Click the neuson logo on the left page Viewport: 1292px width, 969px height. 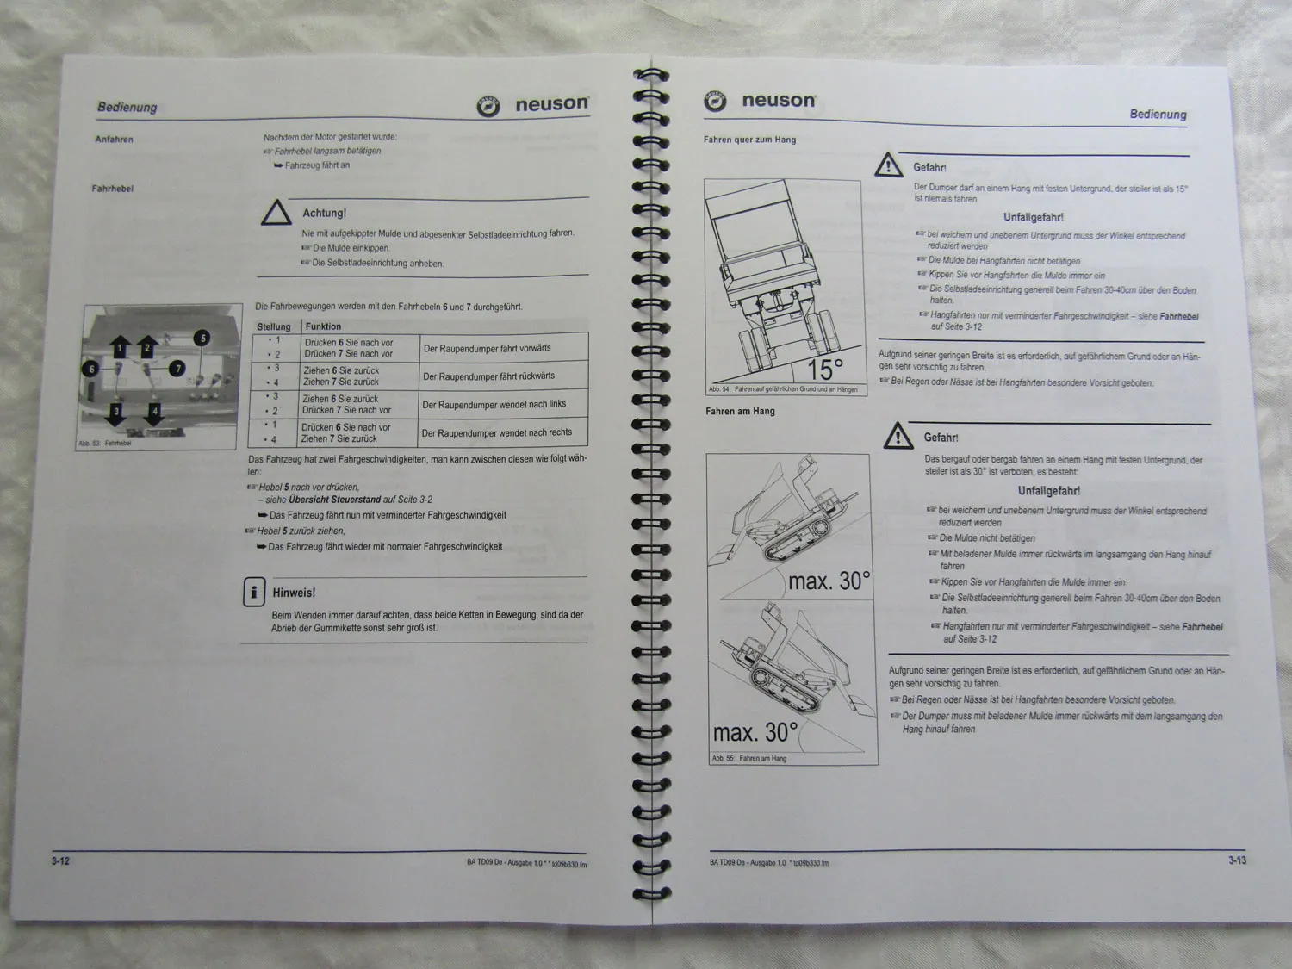pos(534,105)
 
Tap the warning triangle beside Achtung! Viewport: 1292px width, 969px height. pos(276,213)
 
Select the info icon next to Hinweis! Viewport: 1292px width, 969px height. pos(253,593)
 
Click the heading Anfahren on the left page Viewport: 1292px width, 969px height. pos(114,140)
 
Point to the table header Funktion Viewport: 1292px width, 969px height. pos(323,326)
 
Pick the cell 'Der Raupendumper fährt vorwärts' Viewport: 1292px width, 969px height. pos(487,348)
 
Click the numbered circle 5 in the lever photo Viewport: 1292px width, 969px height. pos(202,338)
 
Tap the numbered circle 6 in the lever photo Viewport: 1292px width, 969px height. pos(91,369)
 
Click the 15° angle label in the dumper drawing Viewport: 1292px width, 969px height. pos(825,370)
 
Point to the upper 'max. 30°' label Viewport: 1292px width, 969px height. pos(829,581)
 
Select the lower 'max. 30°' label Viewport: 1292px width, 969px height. pos(755,733)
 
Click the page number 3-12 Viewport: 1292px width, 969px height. pos(60,861)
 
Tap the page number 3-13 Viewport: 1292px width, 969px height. pos(1237,860)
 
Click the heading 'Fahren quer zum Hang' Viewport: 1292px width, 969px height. pos(749,140)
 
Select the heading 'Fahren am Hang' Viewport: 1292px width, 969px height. pos(740,412)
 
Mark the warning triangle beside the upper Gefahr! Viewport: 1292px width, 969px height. pos(888,165)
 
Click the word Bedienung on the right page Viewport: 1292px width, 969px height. pos(1158,115)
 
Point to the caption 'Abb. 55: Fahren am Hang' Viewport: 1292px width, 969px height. pos(748,759)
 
